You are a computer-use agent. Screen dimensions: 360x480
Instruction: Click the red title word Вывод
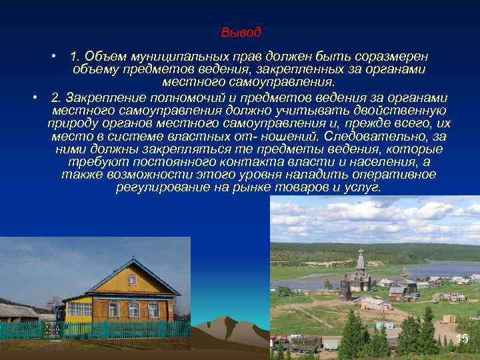[x=241, y=32]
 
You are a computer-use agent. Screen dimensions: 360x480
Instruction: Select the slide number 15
[x=462, y=339]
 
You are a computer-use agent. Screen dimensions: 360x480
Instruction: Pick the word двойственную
[x=407, y=110]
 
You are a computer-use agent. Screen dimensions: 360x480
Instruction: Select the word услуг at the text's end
[x=363, y=187]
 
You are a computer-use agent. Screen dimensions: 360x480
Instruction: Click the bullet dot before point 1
[x=58, y=54]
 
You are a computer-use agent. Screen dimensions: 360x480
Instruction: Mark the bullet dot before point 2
[x=34, y=97]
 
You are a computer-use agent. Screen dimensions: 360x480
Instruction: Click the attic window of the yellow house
[x=132, y=280]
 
